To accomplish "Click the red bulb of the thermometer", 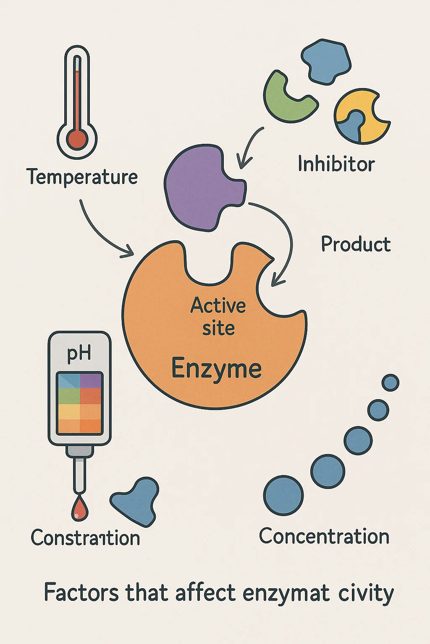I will [x=77, y=139].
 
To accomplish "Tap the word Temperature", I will [x=82, y=177].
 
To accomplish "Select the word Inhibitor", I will [x=336, y=164].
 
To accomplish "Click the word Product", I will [x=356, y=244].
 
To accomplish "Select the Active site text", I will [x=218, y=317].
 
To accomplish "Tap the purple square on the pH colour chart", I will [x=91, y=381].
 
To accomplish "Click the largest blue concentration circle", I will [x=283, y=495].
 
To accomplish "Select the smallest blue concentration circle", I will [x=391, y=382].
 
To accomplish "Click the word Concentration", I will [x=324, y=536].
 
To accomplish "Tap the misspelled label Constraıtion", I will [x=85, y=538].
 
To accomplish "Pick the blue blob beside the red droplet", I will [x=136, y=501].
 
